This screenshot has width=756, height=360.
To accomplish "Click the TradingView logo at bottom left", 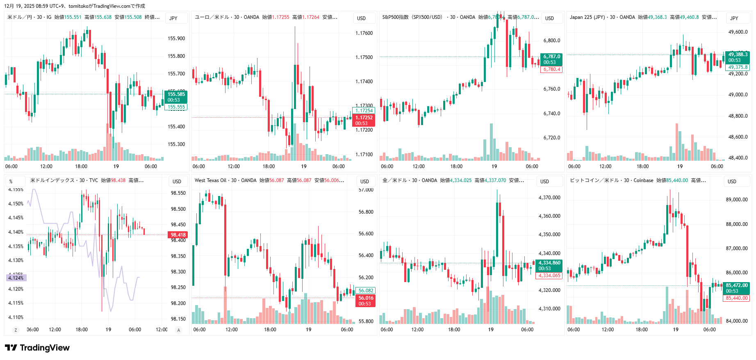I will coord(37,348).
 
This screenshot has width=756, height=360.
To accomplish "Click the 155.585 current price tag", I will coord(176,94).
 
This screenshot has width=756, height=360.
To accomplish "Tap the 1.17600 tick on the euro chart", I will coord(364,33).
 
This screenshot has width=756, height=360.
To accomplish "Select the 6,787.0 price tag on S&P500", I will coord(552,57).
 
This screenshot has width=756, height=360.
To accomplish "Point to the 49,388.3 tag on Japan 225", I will coord(738,55).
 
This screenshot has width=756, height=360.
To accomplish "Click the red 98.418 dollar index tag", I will coord(178,235).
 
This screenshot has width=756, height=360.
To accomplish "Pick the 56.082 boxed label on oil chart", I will coord(366,291).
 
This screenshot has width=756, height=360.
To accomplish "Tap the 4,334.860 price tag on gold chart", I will coord(549,263).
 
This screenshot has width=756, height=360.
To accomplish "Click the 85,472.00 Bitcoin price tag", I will coord(737,285).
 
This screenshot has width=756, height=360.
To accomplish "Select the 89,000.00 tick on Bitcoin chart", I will coord(737,200).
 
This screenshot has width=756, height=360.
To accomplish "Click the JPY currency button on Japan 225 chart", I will coord(734,18).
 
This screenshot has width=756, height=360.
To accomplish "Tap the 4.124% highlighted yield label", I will coord(16,278).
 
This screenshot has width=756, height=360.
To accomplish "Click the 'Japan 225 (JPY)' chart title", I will coord(587,17).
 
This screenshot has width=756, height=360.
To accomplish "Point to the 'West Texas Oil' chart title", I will coord(210,180).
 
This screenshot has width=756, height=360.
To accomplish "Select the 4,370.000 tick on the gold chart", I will coord(549,198).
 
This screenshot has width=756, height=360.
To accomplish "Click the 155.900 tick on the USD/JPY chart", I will coord(176,39).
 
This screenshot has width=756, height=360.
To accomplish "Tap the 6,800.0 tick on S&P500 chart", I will coord(552,41).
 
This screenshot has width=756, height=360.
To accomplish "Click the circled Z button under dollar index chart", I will coord(16,330).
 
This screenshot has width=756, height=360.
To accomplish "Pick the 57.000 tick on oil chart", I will coord(366,190).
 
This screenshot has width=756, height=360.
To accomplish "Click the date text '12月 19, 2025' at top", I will coord(20,6).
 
